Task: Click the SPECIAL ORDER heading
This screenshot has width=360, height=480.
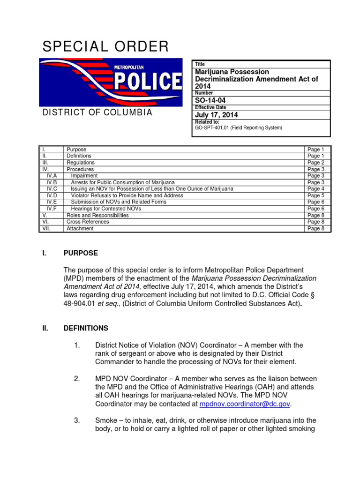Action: pyautogui.click(x=105, y=46)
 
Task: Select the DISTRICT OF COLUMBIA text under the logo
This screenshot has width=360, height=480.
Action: pyautogui.click(x=97, y=112)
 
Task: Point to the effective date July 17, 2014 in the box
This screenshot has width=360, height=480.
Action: pyautogui.click(x=216, y=115)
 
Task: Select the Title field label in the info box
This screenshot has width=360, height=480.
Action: pyautogui.click(x=200, y=64)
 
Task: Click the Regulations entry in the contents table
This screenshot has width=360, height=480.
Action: pyautogui.click(x=80, y=163)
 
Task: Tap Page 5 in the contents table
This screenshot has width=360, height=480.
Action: pyautogui.click(x=316, y=195)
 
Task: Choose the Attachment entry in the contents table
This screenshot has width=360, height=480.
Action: pyautogui.click(x=80, y=228)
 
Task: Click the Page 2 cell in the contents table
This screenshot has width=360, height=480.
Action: pyautogui.click(x=316, y=163)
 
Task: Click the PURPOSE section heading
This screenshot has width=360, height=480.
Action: pyautogui.click(x=81, y=253)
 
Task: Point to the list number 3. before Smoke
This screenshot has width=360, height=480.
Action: pyautogui.click(x=78, y=420)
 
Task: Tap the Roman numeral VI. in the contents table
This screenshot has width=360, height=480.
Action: pyautogui.click(x=45, y=222)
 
